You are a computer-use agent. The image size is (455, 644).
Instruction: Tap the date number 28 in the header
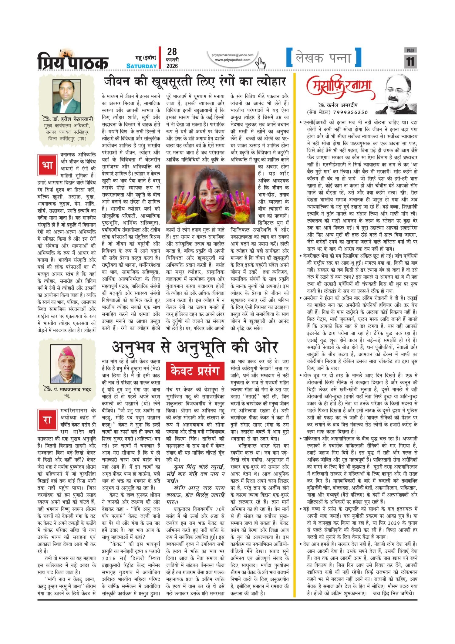[172, 52]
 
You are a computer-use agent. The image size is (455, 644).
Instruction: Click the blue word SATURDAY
[141, 66]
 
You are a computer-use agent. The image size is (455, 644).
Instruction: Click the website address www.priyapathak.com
[233, 60]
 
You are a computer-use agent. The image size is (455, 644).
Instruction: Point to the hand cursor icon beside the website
[260, 63]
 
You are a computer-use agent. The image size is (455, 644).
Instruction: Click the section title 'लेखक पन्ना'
[324, 58]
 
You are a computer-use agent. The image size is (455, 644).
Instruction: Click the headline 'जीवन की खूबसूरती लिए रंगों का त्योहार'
[195, 82]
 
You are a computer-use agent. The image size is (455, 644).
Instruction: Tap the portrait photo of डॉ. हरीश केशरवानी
[67, 96]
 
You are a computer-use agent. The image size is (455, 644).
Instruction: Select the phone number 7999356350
[350, 112]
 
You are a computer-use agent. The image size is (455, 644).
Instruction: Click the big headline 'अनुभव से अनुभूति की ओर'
[195, 347]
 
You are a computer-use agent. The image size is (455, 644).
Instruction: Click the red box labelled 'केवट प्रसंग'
[195, 371]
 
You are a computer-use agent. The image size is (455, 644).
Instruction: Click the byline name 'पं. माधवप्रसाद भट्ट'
[70, 389]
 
